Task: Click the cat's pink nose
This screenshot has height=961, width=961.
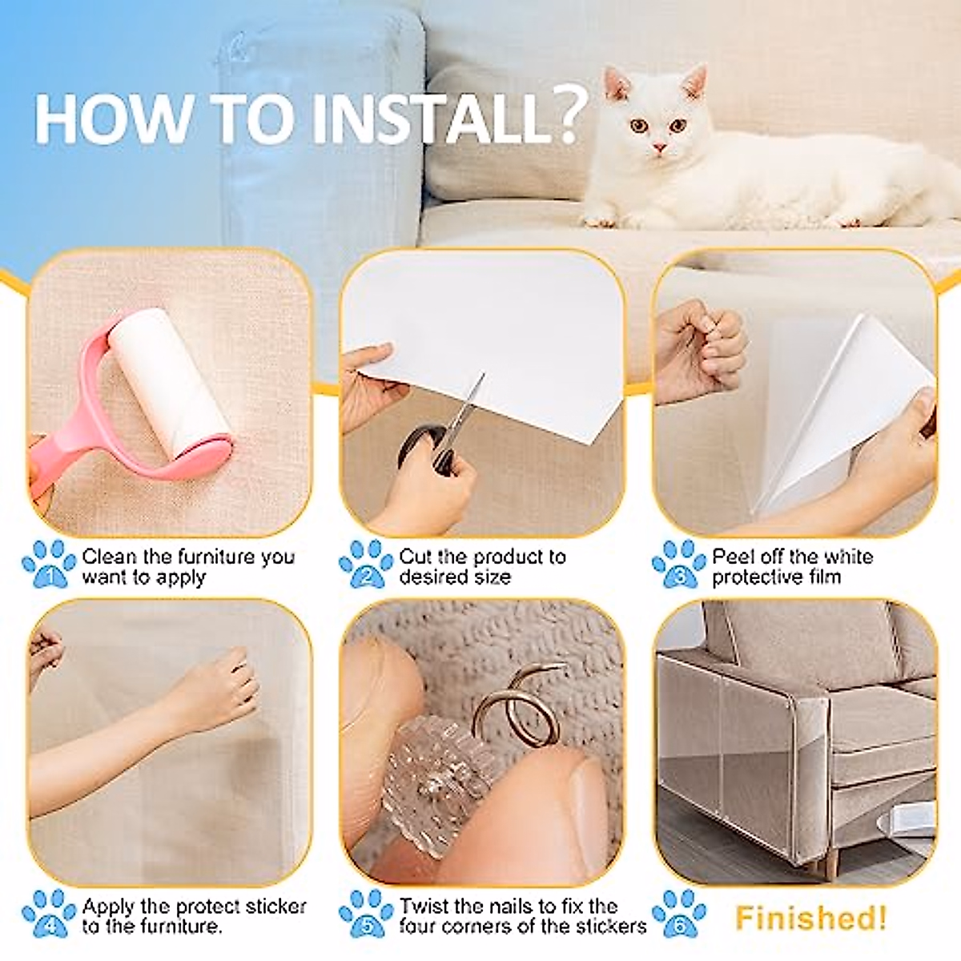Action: coord(658,148)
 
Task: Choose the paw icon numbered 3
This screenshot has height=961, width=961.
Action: coord(679,565)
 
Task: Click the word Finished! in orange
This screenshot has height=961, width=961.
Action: coord(810,918)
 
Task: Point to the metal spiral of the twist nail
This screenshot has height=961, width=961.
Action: coord(521,705)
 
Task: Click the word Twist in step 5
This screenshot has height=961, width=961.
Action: coord(427,907)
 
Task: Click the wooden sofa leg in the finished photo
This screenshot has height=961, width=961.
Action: coord(833,863)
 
